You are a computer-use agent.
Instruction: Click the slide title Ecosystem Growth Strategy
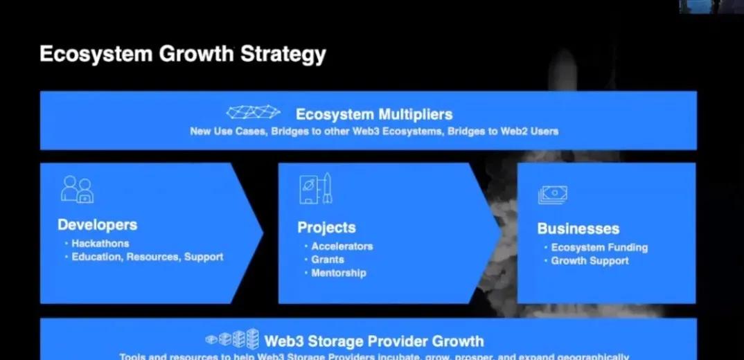(182, 55)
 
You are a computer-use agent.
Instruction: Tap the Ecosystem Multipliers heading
(374, 114)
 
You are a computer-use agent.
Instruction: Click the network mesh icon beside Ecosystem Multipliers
(253, 112)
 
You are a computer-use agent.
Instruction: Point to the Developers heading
(97, 225)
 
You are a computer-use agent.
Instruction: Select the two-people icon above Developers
(77, 189)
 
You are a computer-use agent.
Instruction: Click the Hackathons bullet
(100, 244)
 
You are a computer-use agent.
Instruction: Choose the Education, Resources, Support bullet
(147, 257)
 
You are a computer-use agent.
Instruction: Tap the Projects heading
(326, 228)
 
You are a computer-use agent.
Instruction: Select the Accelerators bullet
(342, 246)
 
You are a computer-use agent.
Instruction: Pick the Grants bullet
(327, 260)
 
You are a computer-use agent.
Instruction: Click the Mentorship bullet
(338, 273)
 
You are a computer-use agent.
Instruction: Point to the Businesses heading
(578, 228)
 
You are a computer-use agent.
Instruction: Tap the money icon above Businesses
(553, 195)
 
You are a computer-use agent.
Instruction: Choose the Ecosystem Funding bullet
(599, 247)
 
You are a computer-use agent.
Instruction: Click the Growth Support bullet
(590, 261)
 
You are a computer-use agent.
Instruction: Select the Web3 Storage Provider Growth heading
(374, 341)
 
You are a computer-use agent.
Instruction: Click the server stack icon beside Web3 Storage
(233, 339)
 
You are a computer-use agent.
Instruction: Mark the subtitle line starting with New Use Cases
(374, 131)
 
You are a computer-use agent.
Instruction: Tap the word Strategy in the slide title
(283, 55)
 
